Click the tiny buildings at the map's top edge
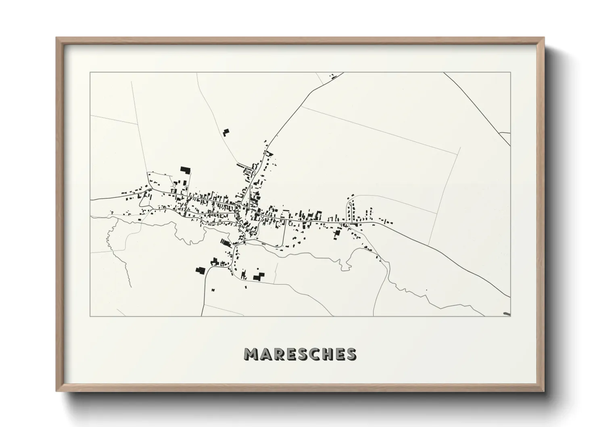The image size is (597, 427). click(x=332, y=75)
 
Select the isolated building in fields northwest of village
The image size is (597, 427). click(x=226, y=132)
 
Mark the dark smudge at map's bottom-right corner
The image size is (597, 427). click(x=507, y=314)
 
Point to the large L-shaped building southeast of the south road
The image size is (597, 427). click(x=258, y=277)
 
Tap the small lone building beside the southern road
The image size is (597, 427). click(x=212, y=289)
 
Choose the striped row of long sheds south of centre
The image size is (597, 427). click(x=225, y=242)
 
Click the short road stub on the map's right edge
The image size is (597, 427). click(x=505, y=133)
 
